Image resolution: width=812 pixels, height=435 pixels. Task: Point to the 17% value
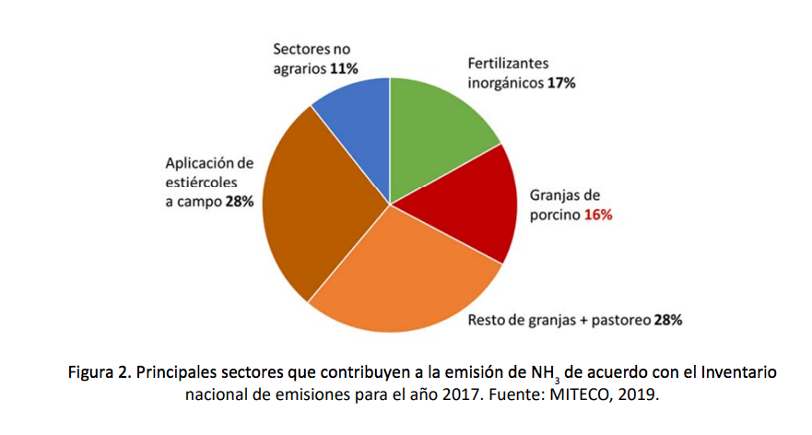(559, 83)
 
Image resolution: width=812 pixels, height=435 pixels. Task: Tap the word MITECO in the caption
(578, 394)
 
